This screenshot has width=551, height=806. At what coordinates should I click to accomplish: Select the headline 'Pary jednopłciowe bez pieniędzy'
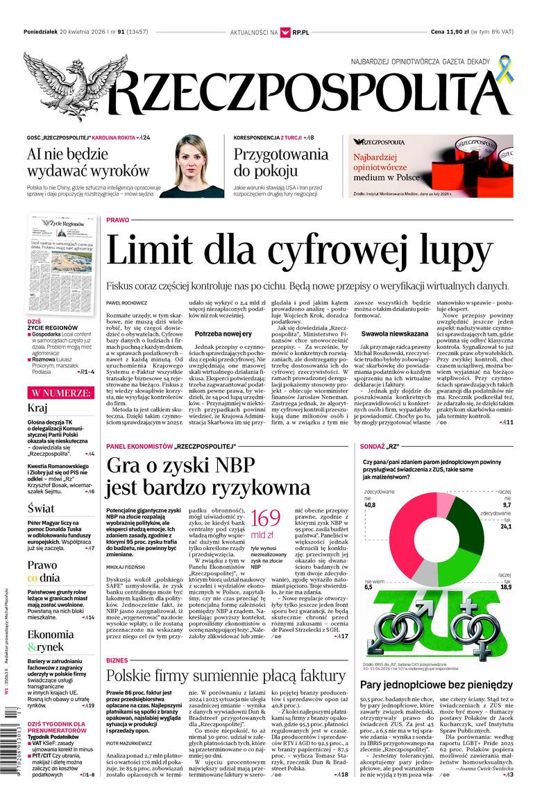click(436, 685)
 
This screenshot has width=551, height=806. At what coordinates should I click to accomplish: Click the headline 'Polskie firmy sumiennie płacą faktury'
click(226, 676)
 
